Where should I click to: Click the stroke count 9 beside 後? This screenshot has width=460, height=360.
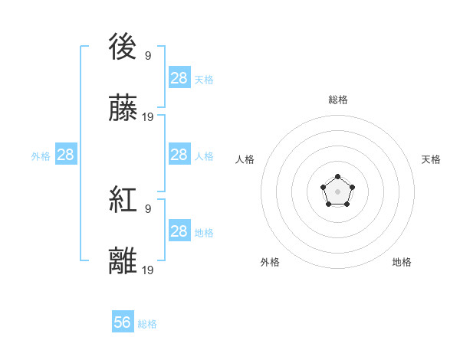148,55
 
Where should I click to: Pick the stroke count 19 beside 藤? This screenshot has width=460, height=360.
148,116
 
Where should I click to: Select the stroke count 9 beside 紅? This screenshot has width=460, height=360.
148,208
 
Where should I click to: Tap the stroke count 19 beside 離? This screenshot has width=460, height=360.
148,269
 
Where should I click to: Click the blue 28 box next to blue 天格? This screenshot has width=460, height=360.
179,78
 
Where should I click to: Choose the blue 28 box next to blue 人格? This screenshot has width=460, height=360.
179,155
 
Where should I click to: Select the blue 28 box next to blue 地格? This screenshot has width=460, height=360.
179,231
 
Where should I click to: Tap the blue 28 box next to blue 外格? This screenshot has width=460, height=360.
66,155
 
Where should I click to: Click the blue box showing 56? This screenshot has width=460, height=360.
123,322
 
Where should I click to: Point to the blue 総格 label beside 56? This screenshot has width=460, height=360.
147,324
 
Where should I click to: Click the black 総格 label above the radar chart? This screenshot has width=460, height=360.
337,100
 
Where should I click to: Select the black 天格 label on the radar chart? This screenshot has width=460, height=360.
431,159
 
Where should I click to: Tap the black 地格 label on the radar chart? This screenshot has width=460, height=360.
402,262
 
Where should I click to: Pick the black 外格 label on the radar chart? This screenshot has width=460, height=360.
270,262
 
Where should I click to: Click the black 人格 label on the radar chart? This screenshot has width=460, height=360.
245,159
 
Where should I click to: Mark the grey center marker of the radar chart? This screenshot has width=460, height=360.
337,190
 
